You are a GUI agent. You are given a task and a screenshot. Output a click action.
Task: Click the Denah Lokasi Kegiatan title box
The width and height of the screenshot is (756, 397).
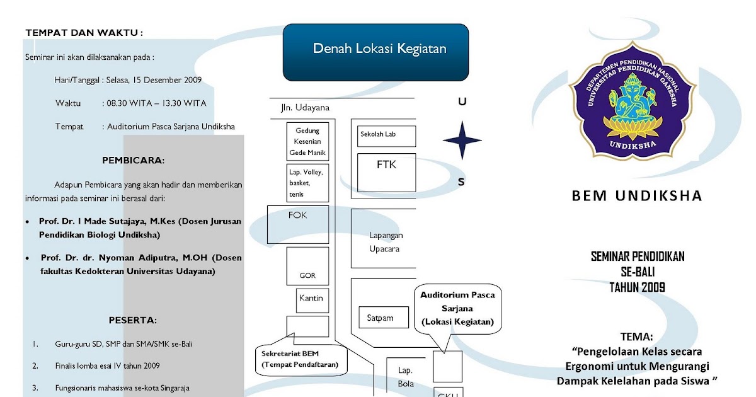coord(375,52)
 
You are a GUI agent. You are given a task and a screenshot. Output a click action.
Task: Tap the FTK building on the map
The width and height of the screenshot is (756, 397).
coord(386,171)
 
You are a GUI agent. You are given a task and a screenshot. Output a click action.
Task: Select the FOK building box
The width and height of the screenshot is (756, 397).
coord(298,224)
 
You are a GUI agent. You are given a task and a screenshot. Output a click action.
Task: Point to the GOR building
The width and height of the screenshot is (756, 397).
coord(307,266)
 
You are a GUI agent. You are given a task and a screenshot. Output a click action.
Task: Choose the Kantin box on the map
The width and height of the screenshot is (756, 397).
coord(313,300)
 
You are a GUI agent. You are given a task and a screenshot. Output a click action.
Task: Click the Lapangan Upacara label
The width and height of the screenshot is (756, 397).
coord(386,242)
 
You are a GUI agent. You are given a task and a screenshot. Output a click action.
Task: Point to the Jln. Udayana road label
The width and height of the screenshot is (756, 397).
coord(305,108)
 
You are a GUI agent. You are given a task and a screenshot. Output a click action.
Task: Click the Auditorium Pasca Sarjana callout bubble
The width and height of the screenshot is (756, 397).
coord(457,309)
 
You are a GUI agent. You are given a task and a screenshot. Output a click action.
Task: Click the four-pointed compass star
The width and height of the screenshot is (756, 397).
coord(462,140)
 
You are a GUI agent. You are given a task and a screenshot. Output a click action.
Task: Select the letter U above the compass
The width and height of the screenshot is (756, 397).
coord(462,102)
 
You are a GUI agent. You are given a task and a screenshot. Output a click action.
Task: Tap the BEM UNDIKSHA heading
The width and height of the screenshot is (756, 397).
coord(637,196)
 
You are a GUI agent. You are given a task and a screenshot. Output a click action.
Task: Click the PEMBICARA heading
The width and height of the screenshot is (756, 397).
coord(133,160)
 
